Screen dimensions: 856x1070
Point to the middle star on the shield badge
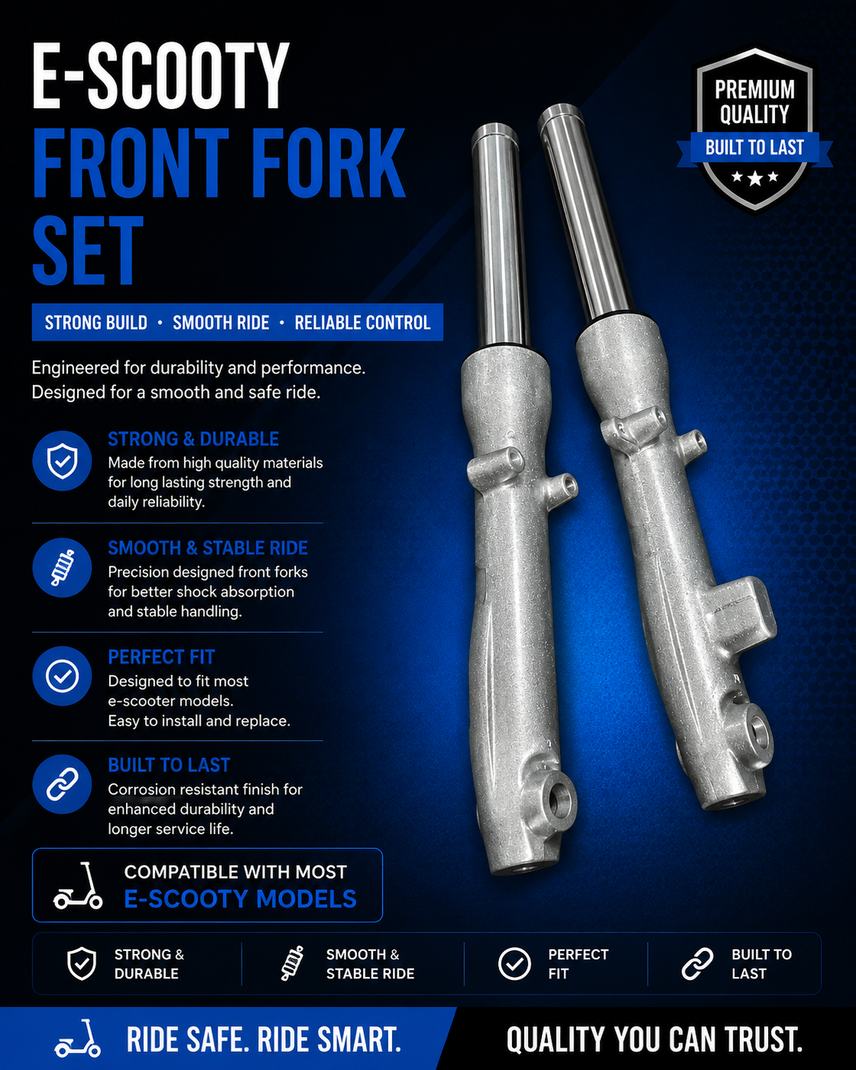pyautogui.click(x=755, y=178)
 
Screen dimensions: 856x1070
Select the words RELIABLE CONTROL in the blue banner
pyautogui.click(x=362, y=323)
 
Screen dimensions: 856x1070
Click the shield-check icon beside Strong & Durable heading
pyautogui.click(x=62, y=461)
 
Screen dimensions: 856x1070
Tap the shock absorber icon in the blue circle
pyautogui.click(x=62, y=568)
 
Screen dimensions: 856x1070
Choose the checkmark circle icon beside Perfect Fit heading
pyautogui.click(x=62, y=676)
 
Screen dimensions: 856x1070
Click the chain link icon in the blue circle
pyautogui.click(x=62, y=785)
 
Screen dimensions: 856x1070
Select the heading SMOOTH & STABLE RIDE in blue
pyautogui.click(x=208, y=548)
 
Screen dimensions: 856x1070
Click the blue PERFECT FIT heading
pyautogui.click(x=161, y=657)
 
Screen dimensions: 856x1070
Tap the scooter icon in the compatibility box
pyautogui.click(x=78, y=885)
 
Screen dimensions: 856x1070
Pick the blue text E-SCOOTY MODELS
pyautogui.click(x=240, y=899)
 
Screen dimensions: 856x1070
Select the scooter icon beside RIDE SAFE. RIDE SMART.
pyautogui.click(x=78, y=1039)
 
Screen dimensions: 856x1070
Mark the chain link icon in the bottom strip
pyautogui.click(x=697, y=964)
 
